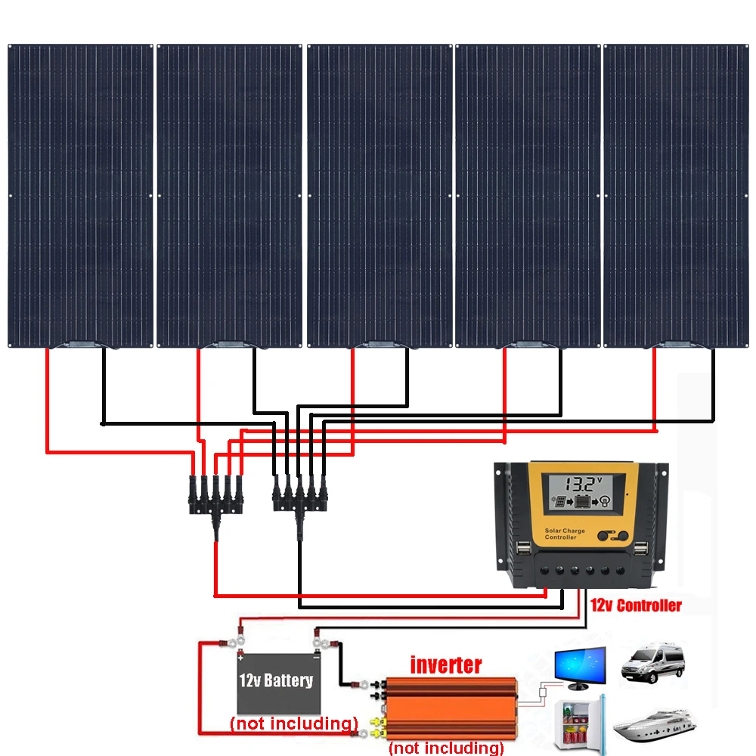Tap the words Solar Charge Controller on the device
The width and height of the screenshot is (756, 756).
point(565,534)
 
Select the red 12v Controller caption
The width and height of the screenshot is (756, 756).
point(636,606)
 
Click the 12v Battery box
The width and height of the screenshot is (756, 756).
point(279,683)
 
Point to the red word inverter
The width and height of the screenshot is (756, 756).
point(445,665)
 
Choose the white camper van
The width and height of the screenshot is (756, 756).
point(653,662)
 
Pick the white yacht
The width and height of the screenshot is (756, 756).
point(654,725)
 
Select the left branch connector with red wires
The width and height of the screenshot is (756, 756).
point(215,501)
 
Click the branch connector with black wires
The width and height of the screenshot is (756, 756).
point(300,501)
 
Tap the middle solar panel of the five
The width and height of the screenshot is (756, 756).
point(380,196)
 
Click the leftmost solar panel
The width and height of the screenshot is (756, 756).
point(81,196)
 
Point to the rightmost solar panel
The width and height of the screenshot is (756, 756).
point(676,196)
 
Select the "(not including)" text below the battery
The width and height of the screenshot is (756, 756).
point(294,723)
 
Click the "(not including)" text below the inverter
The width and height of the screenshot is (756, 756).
point(446,748)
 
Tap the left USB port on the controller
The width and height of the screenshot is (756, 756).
point(523,549)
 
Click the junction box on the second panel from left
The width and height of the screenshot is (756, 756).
point(230,344)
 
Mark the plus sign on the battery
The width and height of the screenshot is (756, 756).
point(240,658)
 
